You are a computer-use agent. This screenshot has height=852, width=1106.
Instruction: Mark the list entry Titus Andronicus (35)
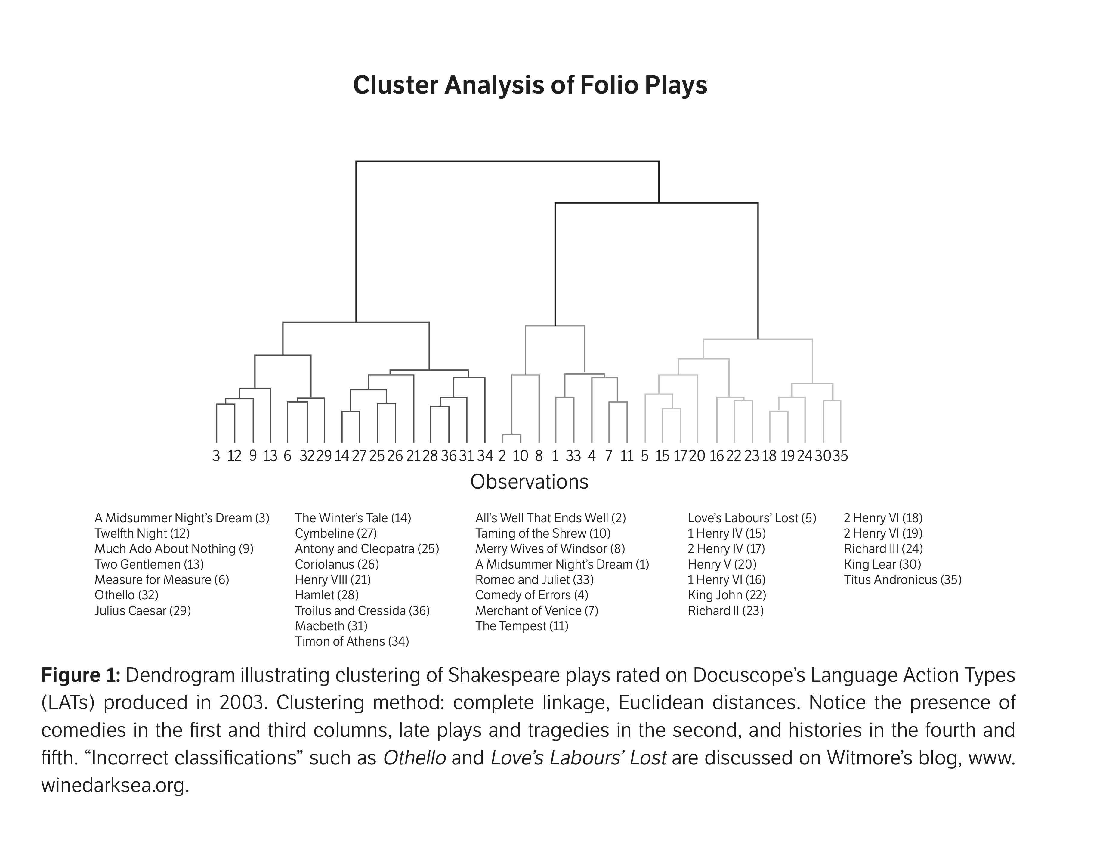pos(902,580)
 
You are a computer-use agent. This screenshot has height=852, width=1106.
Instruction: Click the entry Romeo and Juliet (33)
pos(534,580)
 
